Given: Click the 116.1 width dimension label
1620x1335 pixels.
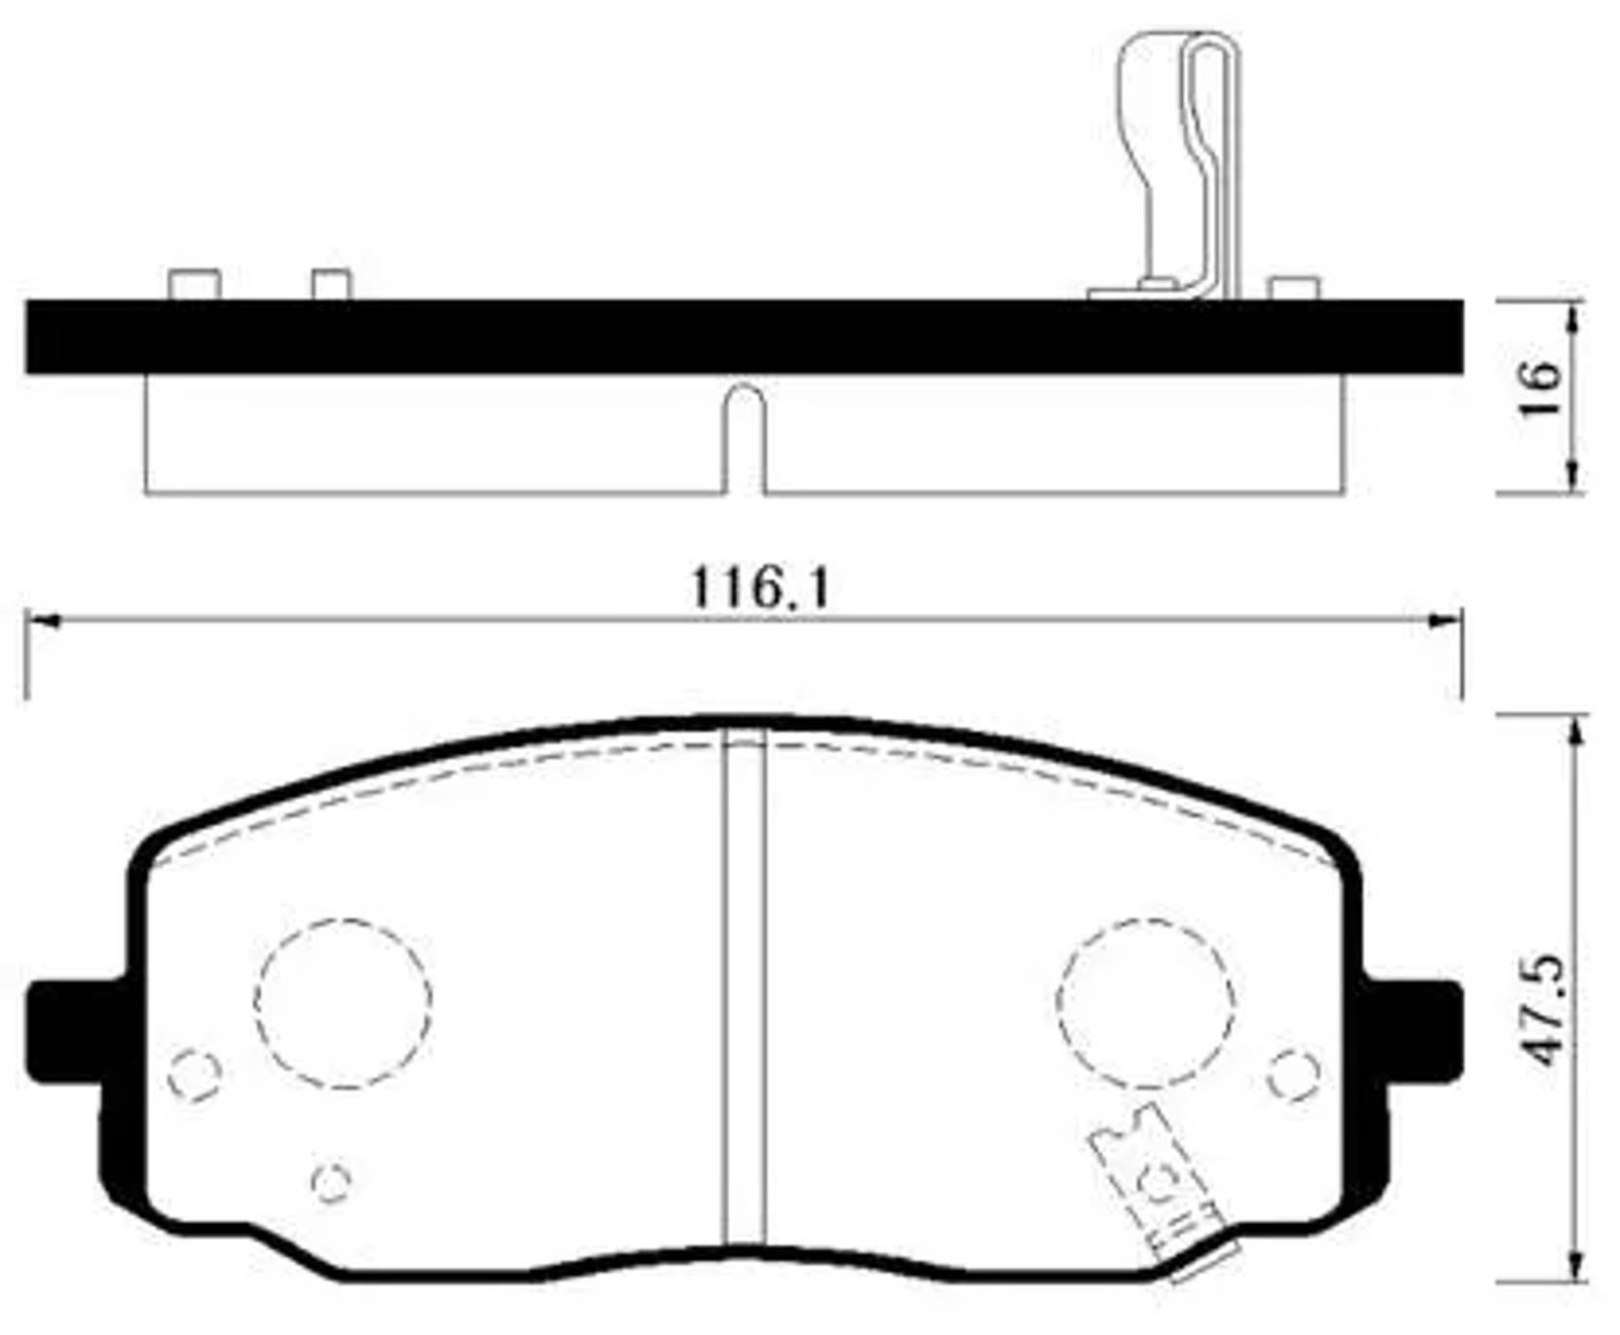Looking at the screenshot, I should pyautogui.click(x=759, y=589).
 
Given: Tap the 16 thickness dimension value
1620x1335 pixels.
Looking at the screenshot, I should pyautogui.click(x=1541, y=388).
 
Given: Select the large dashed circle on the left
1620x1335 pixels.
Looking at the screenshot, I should pyautogui.click(x=344, y=1002).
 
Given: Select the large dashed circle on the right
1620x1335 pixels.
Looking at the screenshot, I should pyautogui.click(x=1146, y=1002).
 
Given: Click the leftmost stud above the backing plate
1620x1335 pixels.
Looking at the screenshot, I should pyautogui.click(x=195, y=284).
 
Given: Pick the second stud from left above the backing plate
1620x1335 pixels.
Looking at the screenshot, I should pyautogui.click(x=331, y=284).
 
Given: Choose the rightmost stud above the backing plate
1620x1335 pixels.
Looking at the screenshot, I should pyautogui.click(x=1294, y=288).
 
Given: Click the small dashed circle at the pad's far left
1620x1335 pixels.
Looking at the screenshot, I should pyautogui.click(x=195, y=1074).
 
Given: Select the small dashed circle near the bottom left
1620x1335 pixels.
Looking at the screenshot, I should pyautogui.click(x=331, y=1181).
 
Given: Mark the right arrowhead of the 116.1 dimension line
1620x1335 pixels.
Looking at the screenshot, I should pyautogui.click(x=1447, y=620).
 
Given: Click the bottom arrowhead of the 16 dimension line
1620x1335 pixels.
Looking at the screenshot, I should pyautogui.click(x=1571, y=479).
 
